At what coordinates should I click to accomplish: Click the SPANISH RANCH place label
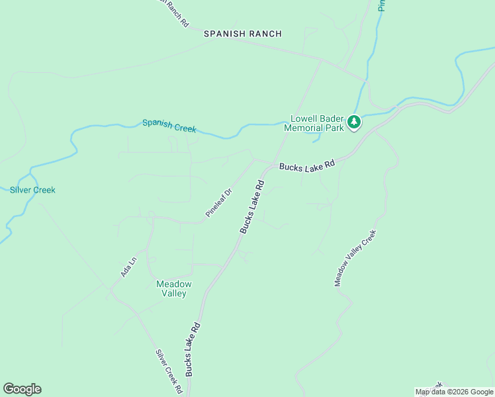tap(242, 34)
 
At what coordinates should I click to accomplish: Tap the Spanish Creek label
tap(169, 125)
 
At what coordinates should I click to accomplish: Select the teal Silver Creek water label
tap(32, 190)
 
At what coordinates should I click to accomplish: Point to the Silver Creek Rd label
tap(169, 372)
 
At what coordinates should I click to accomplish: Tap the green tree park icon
tap(355, 122)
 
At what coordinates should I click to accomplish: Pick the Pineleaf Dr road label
tap(219, 203)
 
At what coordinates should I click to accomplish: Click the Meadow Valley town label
tap(173, 288)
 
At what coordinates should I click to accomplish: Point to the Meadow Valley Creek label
tap(355, 258)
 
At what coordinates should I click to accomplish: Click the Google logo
tap(22, 389)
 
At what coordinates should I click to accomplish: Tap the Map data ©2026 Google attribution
tap(454, 392)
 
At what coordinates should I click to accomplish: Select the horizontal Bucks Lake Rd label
tap(307, 166)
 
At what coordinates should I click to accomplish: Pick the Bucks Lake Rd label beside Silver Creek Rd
tap(193, 349)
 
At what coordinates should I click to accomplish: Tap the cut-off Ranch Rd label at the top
tap(173, 12)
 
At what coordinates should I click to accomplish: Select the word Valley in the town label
tap(173, 294)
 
